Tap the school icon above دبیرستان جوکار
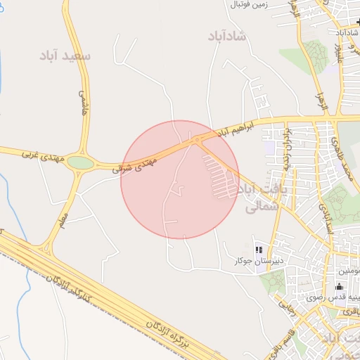259,250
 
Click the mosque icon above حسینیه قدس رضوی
340,286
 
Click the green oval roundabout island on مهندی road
81,163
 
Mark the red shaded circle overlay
180,179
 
